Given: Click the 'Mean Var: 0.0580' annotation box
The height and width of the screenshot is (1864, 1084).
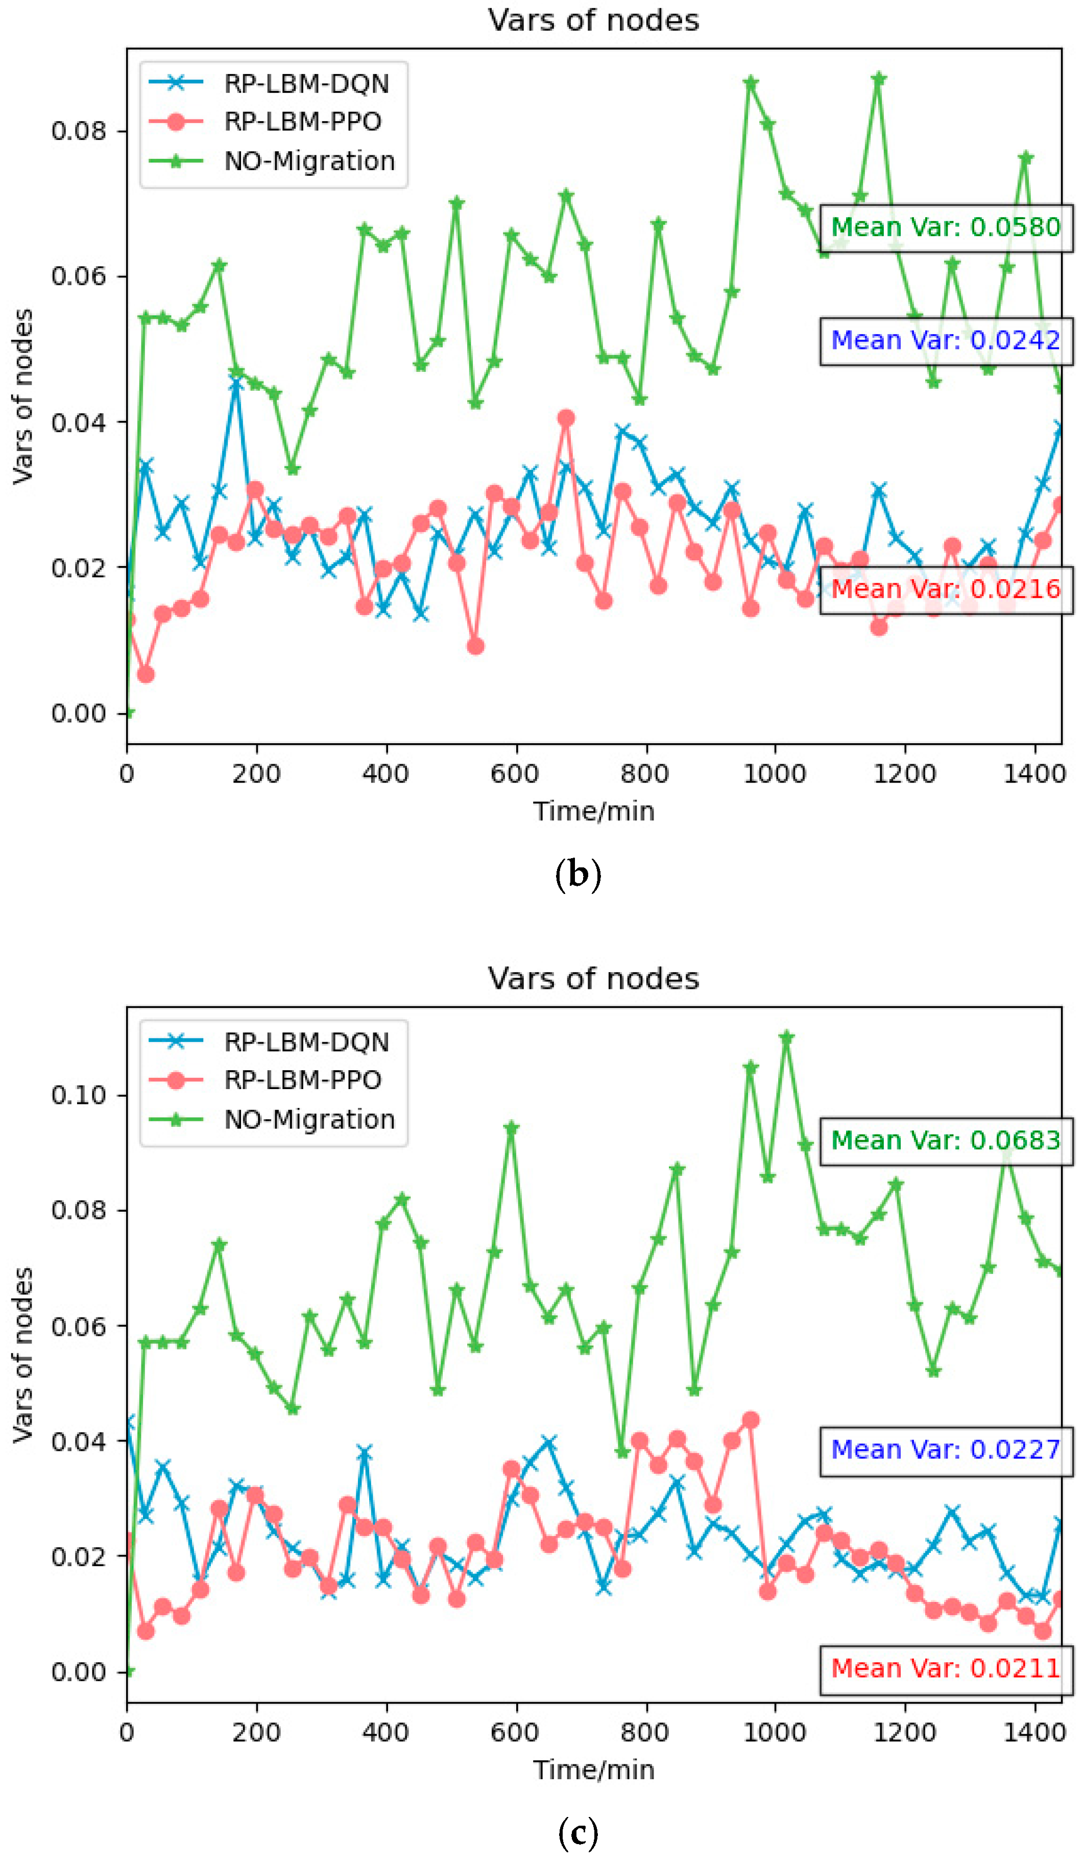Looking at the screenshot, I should (x=945, y=228).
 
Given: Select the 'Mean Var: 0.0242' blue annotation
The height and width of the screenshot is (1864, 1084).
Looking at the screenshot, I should (x=945, y=341).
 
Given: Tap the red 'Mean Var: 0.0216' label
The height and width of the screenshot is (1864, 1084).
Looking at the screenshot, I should (x=945, y=589).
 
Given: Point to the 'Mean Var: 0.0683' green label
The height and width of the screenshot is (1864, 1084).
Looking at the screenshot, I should (x=945, y=1141).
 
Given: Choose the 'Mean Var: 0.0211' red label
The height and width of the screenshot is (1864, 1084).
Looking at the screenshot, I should (x=945, y=1669).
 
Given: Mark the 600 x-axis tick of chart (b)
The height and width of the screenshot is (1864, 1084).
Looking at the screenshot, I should (x=515, y=774).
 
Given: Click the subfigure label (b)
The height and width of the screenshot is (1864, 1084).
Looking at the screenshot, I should (x=577, y=875).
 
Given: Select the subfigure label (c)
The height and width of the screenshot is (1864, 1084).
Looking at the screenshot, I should (x=577, y=1834).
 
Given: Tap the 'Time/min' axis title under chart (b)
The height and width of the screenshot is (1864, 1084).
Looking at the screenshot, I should (x=594, y=811).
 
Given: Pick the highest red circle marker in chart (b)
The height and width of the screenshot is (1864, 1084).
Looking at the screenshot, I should (x=566, y=419).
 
